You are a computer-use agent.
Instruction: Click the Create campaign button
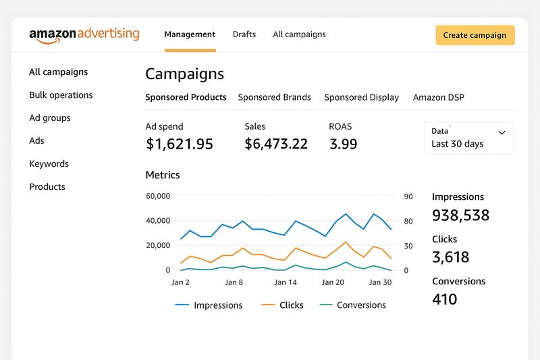[x=475, y=35]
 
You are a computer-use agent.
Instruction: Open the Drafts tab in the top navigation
[x=244, y=34]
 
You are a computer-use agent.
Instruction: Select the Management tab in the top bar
[x=190, y=34]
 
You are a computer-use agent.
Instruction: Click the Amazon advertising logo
[x=84, y=36]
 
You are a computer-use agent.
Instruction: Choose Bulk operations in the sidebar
[x=61, y=95]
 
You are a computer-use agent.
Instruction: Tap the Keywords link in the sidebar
[x=49, y=163]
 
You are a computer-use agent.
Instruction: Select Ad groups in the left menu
[x=50, y=118]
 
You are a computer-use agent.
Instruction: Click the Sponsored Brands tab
[x=275, y=97]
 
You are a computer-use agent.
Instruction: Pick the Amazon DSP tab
[x=438, y=97]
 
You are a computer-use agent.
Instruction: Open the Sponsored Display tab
[x=362, y=97]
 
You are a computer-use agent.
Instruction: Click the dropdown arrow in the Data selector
[x=502, y=132]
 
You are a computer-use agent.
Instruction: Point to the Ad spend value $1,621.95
[x=180, y=144]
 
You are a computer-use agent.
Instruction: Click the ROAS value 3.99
[x=344, y=144]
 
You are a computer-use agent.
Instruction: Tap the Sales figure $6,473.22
[x=276, y=144]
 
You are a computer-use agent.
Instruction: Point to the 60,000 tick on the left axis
[x=158, y=196]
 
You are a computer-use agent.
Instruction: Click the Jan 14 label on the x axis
[x=286, y=282]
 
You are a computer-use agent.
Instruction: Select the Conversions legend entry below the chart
[x=353, y=305]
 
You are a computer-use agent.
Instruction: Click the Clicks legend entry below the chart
[x=282, y=305]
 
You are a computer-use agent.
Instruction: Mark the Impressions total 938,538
[x=460, y=215]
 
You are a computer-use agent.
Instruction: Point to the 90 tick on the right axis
[x=408, y=197]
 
